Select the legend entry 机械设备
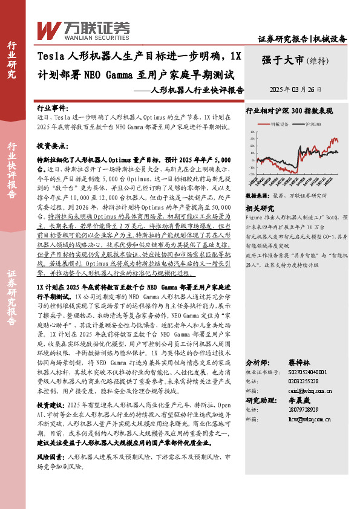(279, 123)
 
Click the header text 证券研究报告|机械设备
(302, 39)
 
